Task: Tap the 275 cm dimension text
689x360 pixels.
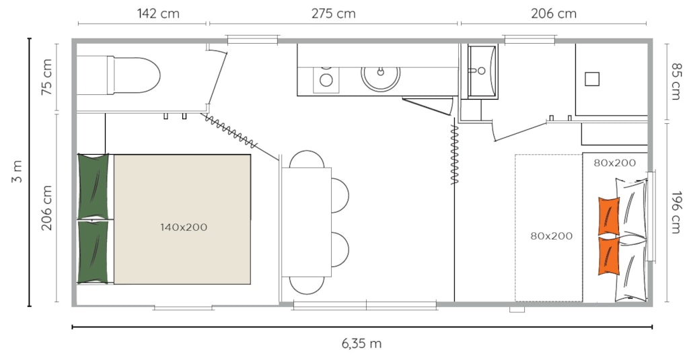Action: tap(334, 13)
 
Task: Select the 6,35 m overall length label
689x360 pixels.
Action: tap(361, 343)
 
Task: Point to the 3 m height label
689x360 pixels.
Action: tap(16, 172)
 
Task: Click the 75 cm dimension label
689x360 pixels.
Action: tap(46, 77)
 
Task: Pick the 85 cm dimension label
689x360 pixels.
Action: tap(676, 81)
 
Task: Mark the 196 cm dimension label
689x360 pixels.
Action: tap(676, 212)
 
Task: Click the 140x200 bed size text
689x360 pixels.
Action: tap(183, 227)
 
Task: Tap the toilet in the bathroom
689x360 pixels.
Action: tap(118, 75)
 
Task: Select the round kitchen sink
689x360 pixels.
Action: tap(381, 78)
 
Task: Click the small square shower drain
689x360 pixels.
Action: tap(592, 79)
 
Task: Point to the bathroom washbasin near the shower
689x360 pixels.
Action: tap(482, 71)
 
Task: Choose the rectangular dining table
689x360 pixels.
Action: tap(306, 223)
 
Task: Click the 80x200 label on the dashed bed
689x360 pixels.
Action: tap(551, 236)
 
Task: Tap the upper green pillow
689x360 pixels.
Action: tap(93, 186)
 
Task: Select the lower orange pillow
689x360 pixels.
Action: tap(608, 256)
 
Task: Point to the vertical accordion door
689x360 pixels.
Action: tap(455, 155)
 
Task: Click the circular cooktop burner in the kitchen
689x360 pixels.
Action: tap(326, 80)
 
